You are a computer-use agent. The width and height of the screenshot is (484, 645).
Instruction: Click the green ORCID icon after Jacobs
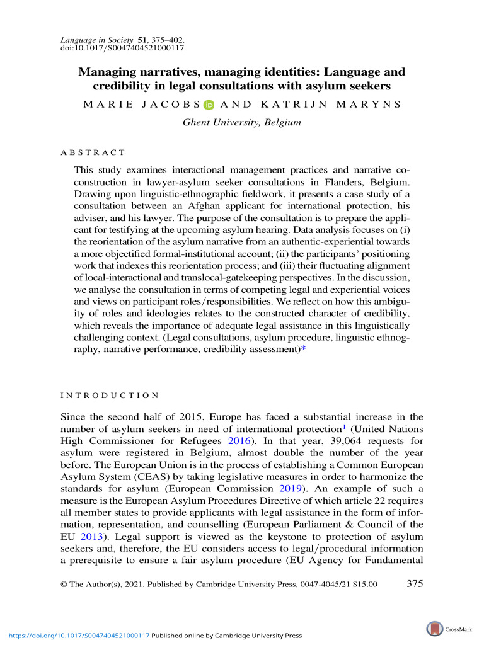coord(209,105)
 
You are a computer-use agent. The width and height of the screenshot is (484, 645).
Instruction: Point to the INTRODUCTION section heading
coord(110,395)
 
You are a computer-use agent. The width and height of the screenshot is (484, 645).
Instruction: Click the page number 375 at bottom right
coord(415,584)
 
